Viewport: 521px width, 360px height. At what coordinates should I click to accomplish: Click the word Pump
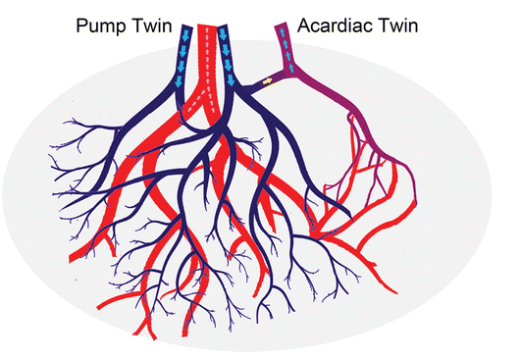(x=101, y=26)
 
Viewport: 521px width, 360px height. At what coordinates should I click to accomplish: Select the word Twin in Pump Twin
(x=152, y=26)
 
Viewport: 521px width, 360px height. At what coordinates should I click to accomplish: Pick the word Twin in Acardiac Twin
(x=398, y=26)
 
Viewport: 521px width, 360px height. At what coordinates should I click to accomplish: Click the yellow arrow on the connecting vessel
(x=267, y=80)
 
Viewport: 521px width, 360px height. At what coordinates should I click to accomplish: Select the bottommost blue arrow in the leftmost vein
(x=179, y=81)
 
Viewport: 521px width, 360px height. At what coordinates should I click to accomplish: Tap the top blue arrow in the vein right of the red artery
(x=223, y=33)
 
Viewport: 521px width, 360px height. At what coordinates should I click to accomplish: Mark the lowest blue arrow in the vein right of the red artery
(x=231, y=79)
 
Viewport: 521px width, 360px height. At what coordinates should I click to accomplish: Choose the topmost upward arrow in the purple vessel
(x=283, y=32)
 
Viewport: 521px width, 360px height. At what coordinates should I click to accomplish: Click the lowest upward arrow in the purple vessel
(x=291, y=68)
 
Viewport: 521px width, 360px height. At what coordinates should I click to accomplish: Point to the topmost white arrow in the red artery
(x=207, y=30)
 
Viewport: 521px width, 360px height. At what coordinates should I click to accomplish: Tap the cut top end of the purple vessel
(x=281, y=25)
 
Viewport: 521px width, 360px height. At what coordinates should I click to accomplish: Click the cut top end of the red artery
(x=207, y=25)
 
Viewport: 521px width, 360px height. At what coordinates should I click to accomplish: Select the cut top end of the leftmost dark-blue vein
(x=187, y=26)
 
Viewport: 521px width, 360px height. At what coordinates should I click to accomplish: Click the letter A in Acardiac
(x=304, y=26)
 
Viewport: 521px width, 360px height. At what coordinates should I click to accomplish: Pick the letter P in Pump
(x=81, y=26)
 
